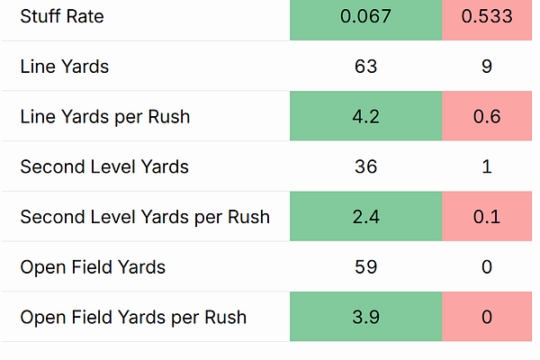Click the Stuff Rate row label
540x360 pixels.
[x=62, y=16]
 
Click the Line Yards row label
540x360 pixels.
[x=65, y=66]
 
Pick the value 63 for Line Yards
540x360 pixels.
[x=365, y=66]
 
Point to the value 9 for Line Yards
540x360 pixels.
[x=487, y=66]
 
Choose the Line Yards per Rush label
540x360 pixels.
[x=105, y=116]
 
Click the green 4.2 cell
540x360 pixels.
[x=365, y=116]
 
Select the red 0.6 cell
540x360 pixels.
[x=487, y=116]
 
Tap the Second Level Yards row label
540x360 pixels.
[x=104, y=166]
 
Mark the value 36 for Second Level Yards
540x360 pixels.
[x=365, y=166]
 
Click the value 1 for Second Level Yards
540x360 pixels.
[x=487, y=166]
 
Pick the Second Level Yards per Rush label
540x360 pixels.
[x=145, y=217]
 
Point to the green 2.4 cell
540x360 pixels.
[x=365, y=216]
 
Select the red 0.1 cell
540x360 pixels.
[x=487, y=216]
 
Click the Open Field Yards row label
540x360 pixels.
[x=93, y=267]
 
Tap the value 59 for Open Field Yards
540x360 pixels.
[x=365, y=267]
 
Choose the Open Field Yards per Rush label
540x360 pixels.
[x=133, y=318]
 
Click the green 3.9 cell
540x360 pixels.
[x=365, y=317]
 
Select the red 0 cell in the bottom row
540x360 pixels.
[x=487, y=317]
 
